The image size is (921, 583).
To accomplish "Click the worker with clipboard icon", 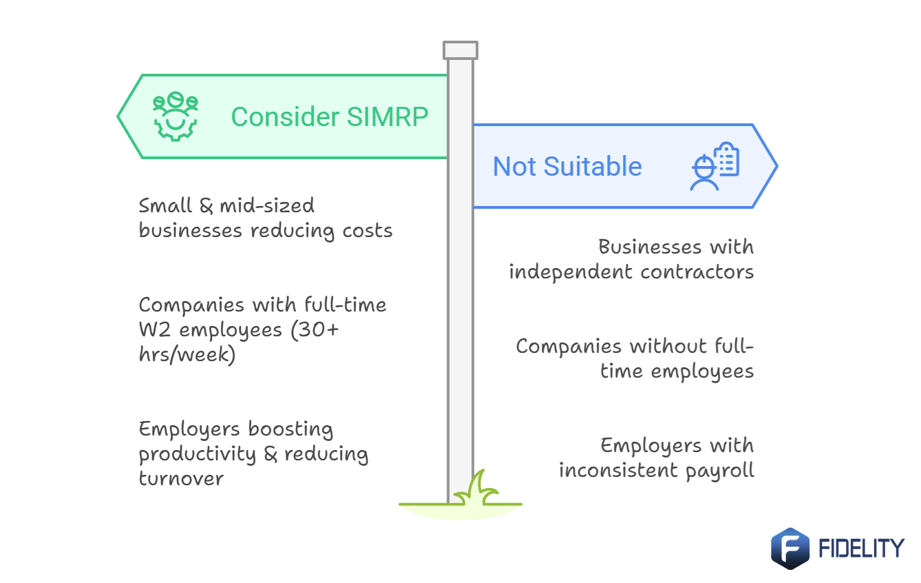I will tap(714, 166).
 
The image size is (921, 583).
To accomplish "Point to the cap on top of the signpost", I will tap(460, 50).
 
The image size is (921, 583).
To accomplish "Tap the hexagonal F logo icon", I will tap(790, 549).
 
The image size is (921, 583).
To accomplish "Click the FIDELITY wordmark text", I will tap(860, 549).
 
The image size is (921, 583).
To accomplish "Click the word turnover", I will tap(181, 478).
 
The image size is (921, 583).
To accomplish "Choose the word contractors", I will tap(697, 272).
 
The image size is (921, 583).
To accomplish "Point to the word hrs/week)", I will tap(187, 355).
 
